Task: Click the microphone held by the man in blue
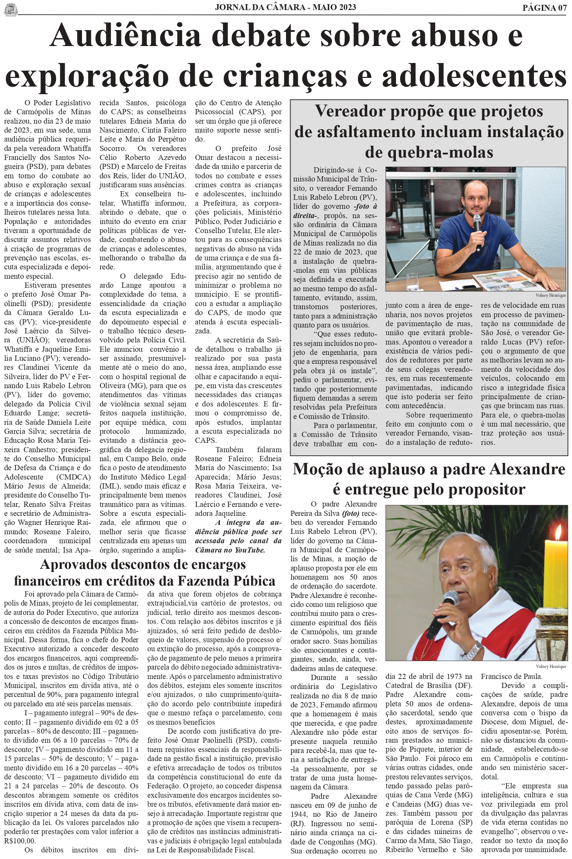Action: [x=477, y=231]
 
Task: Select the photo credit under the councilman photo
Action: [x=551, y=295]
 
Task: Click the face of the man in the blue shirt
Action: [x=471, y=201]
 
